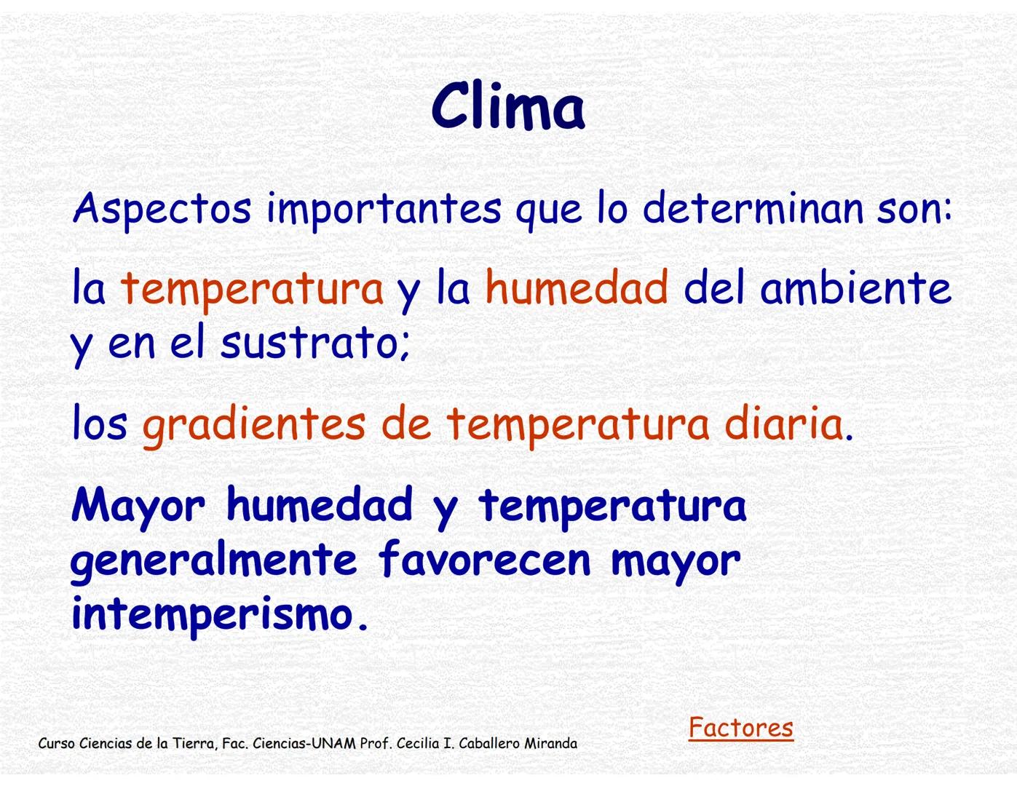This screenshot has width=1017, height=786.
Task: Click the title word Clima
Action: coord(507,107)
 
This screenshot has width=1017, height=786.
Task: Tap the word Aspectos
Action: coord(162,209)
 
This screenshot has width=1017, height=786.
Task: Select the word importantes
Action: coord(384,209)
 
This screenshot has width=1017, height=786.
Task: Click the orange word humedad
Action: coord(577,287)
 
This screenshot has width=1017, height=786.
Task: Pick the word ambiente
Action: coord(855,287)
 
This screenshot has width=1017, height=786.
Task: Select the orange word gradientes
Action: coord(253,424)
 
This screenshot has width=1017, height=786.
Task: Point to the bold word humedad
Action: coord(320,504)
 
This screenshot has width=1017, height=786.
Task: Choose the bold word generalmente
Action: coord(214,560)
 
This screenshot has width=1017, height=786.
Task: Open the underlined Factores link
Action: coord(740,727)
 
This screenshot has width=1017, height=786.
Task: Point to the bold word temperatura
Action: coord(612,506)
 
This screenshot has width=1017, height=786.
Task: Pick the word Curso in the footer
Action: coord(56,744)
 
